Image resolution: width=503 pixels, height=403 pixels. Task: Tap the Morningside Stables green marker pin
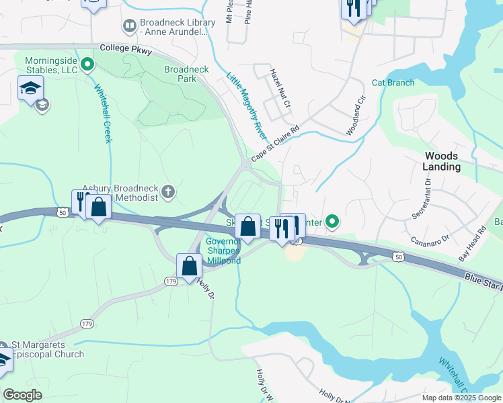tap(87, 65)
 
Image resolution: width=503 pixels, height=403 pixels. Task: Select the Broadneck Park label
tap(186, 74)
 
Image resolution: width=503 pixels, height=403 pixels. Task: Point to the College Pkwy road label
tap(126, 49)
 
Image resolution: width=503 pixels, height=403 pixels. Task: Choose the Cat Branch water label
tap(393, 83)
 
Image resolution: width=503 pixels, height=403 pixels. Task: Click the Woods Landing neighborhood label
tap(442, 161)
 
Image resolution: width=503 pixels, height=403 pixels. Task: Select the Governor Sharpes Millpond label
tap(223, 251)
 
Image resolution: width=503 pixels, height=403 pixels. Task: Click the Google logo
tap(22, 395)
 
